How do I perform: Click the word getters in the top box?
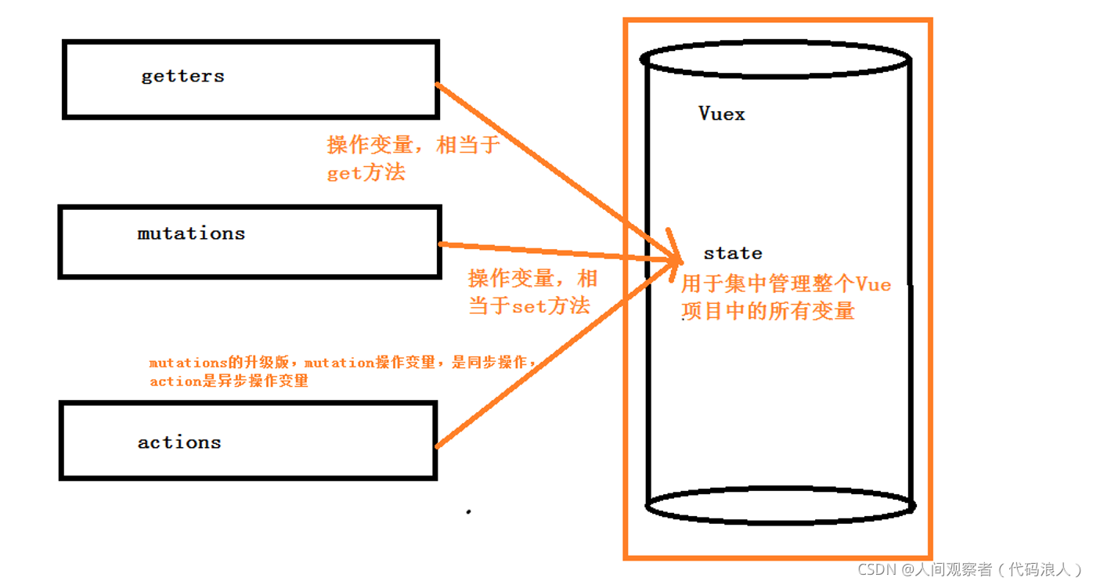point(182,77)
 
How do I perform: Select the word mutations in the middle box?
point(191,233)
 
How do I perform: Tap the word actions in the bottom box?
point(179,442)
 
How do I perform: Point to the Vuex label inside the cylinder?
point(722,114)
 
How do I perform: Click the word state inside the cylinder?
point(733,254)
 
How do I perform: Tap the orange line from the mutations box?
point(548,250)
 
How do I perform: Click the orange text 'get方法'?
point(366,173)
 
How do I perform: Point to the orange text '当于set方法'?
point(529,305)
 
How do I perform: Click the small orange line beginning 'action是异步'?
point(229,382)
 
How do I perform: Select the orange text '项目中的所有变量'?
point(768,311)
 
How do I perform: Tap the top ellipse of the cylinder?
point(775,59)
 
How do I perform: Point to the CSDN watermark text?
point(970,569)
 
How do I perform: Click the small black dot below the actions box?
point(469,512)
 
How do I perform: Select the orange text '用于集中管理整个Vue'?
point(786,284)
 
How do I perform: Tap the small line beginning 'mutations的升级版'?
point(342,363)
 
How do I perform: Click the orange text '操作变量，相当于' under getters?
point(413,146)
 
